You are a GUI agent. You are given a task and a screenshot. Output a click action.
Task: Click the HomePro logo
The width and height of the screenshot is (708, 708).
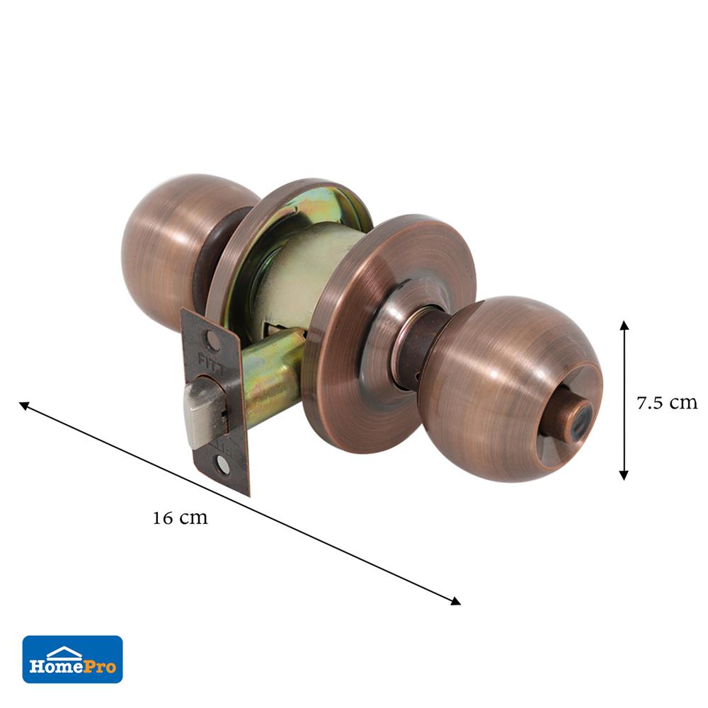72,659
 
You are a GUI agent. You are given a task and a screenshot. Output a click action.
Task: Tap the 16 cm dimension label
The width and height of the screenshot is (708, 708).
180,518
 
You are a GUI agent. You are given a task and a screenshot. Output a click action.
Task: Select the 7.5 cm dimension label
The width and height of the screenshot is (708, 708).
667,403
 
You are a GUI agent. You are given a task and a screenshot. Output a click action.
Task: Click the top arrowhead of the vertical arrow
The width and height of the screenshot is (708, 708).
624,326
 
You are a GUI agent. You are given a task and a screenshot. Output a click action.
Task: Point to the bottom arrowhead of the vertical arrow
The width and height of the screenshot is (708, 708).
624,475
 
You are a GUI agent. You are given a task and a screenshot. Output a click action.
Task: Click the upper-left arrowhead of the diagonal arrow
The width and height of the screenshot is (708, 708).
24,406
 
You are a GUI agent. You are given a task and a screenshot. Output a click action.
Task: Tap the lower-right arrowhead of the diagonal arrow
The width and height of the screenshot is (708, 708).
455,601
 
